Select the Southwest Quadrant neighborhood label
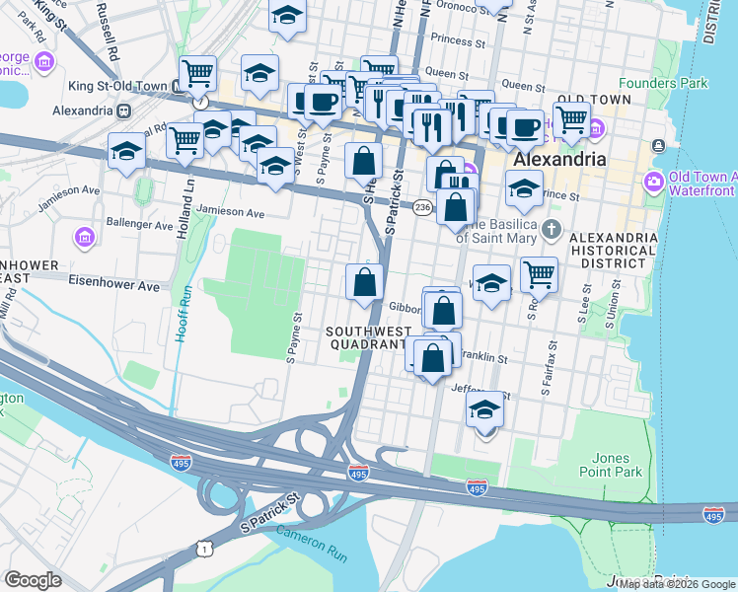[366, 338]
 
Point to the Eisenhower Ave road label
[113, 285]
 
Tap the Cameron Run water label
[311, 543]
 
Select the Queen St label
[446, 73]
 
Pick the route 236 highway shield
[422, 207]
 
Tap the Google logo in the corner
[33, 580]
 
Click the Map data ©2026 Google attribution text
[677, 584]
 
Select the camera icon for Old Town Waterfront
[653, 182]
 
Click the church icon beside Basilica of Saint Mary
[551, 230]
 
